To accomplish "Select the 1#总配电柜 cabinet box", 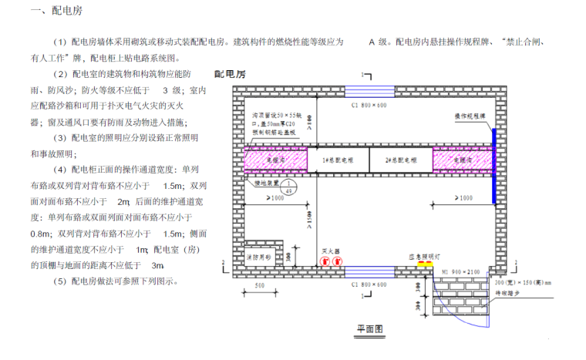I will (x=337, y=161).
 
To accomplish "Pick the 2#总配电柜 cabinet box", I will (x=401, y=161).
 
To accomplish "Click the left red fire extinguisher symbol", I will (x=324, y=261).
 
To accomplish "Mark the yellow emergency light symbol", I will (x=425, y=263).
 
